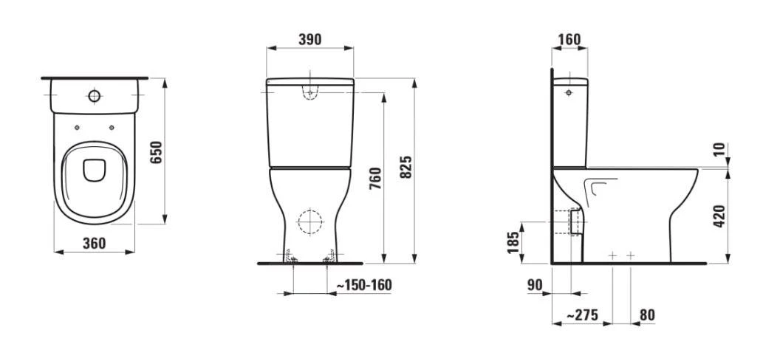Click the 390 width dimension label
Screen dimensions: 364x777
[x=309, y=40]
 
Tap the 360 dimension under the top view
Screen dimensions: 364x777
[x=94, y=242]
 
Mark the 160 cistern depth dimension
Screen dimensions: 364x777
[x=569, y=39]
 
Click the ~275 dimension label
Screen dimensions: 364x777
[x=583, y=315]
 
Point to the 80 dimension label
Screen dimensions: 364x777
[x=647, y=315]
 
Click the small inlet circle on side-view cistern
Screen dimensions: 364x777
[x=569, y=94]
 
